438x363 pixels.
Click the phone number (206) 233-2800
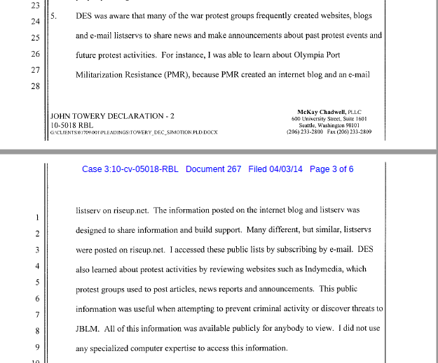pos(306,131)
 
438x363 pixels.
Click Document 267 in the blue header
pos(214,169)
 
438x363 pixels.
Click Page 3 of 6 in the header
pos(331,169)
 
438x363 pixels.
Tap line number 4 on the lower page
pos(36,266)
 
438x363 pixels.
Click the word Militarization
pos(106,73)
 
